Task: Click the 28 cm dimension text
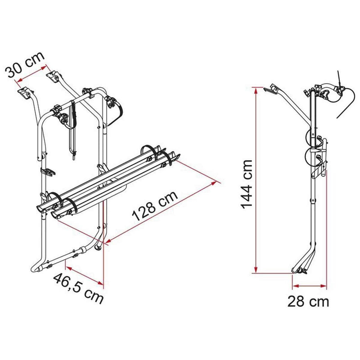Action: point(309,301)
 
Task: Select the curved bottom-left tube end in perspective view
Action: point(37,267)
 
